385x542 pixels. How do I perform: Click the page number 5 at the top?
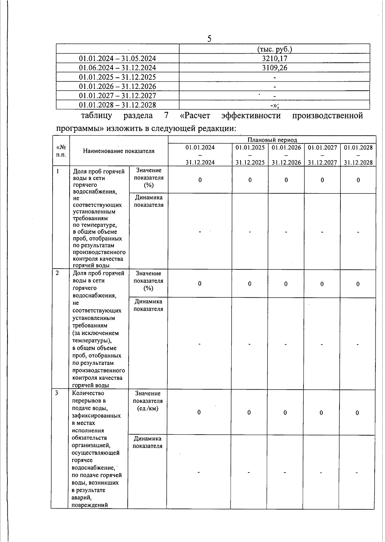(209, 39)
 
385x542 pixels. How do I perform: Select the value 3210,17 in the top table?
(274, 59)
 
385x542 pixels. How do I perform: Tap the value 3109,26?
(274, 68)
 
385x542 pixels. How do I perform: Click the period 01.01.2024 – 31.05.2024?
(117, 59)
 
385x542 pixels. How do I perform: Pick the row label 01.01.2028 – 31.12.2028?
(117, 105)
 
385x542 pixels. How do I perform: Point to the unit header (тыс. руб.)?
(275, 49)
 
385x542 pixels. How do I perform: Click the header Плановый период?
(272, 140)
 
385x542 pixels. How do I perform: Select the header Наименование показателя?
(119, 151)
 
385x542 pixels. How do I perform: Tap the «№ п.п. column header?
(61, 151)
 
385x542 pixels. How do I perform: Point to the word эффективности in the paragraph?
(251, 115)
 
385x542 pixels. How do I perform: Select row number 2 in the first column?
(57, 273)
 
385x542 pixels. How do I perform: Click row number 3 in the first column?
(56, 393)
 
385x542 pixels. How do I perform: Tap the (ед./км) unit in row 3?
(148, 409)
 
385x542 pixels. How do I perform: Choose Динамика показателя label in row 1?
(149, 201)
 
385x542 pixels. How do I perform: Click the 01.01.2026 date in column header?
(286, 148)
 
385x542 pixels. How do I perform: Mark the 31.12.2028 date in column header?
(358, 162)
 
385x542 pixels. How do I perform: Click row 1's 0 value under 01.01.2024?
(200, 180)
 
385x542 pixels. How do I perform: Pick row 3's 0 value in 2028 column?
(357, 413)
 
